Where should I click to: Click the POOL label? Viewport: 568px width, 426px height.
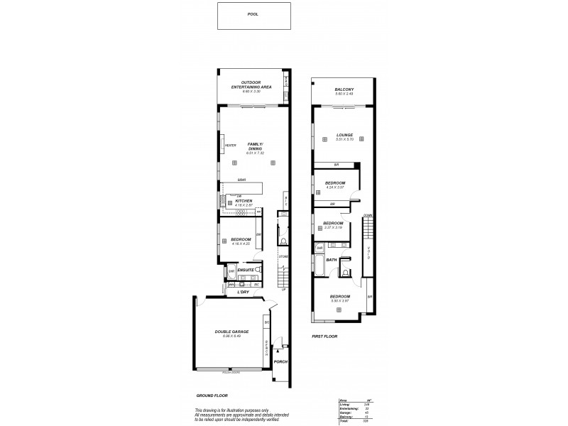pyautogui.click(x=253, y=13)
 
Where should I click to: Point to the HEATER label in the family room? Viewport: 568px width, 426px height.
pyautogui.click(x=230, y=146)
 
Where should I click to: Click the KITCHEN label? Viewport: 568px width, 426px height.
pyautogui.click(x=244, y=201)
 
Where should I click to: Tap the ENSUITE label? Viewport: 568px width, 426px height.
pyautogui.click(x=246, y=270)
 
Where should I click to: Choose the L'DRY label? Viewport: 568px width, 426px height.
pyautogui.click(x=242, y=291)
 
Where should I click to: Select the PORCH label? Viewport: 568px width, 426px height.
pyautogui.click(x=281, y=361)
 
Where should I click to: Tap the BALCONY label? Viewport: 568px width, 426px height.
pyautogui.click(x=344, y=89)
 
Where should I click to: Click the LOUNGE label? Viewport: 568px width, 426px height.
pyautogui.click(x=345, y=135)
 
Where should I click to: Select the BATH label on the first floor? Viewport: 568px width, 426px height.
pyautogui.click(x=331, y=260)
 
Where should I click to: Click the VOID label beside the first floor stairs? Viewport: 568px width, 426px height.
pyautogui.click(x=368, y=252)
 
